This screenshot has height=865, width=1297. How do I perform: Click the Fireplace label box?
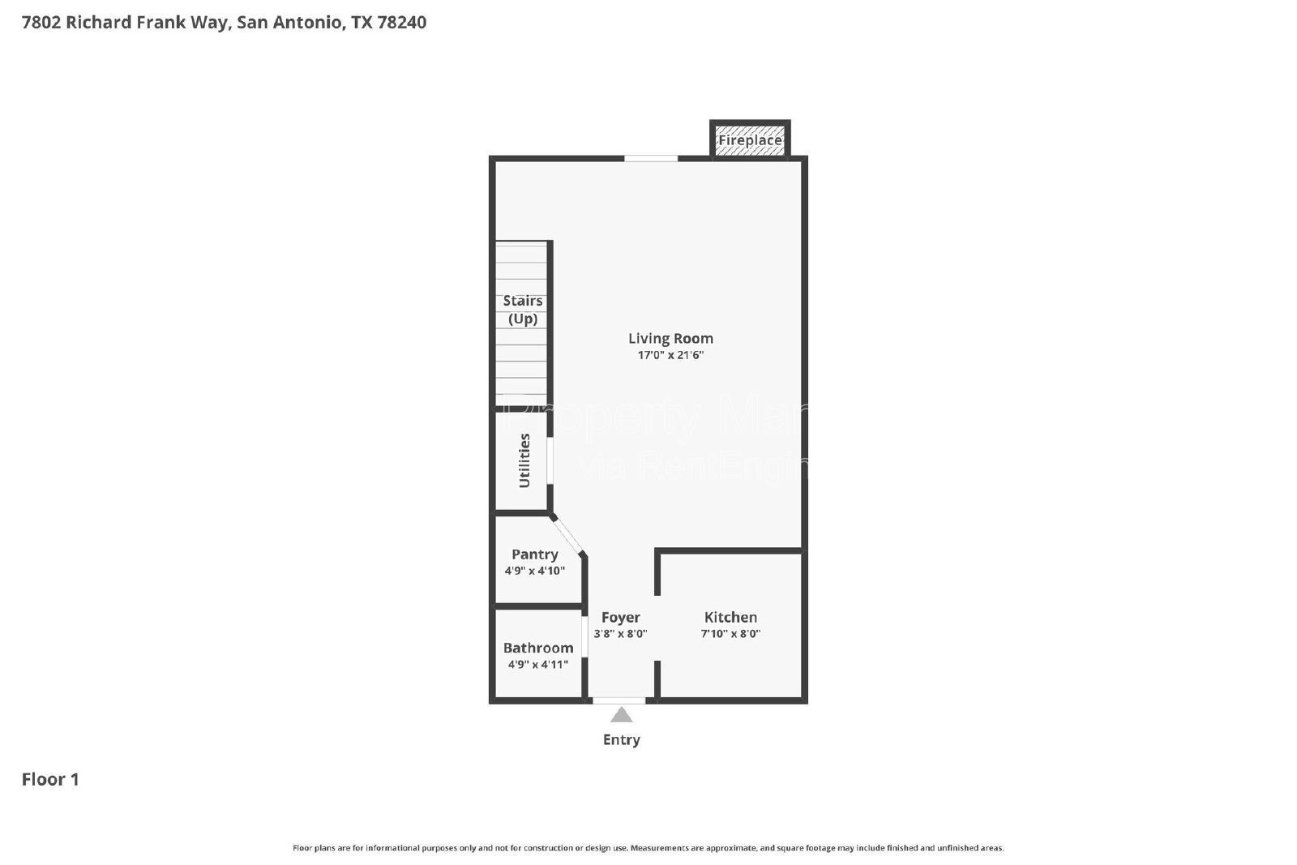tap(750, 140)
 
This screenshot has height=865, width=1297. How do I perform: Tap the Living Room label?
tap(670, 338)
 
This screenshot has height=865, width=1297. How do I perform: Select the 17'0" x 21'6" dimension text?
tap(670, 355)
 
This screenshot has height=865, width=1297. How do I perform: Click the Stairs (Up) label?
tap(523, 310)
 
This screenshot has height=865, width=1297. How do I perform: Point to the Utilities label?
tap(524, 460)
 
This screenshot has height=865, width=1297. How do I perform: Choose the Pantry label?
tap(534, 555)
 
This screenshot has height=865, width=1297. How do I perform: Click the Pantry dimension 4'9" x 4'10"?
tap(534, 571)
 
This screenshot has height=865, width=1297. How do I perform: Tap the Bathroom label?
tap(538, 648)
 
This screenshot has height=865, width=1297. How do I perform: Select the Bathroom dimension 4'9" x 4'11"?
tap(538, 665)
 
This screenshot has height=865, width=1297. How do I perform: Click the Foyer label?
tap(620, 618)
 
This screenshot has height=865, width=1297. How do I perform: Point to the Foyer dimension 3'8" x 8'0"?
tap(620, 634)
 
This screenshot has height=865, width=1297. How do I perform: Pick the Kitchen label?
tap(730, 618)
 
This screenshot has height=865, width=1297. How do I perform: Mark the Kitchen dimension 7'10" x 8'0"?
tap(730, 634)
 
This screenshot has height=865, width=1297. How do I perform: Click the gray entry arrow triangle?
tap(621, 715)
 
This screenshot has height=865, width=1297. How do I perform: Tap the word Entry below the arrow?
tap(621, 739)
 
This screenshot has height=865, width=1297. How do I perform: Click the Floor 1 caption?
tap(50, 779)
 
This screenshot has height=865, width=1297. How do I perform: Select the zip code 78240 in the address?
tap(402, 22)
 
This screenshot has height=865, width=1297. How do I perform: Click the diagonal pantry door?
tap(568, 535)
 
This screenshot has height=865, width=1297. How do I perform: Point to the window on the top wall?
tap(650, 158)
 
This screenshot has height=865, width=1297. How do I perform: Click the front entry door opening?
tap(619, 700)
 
